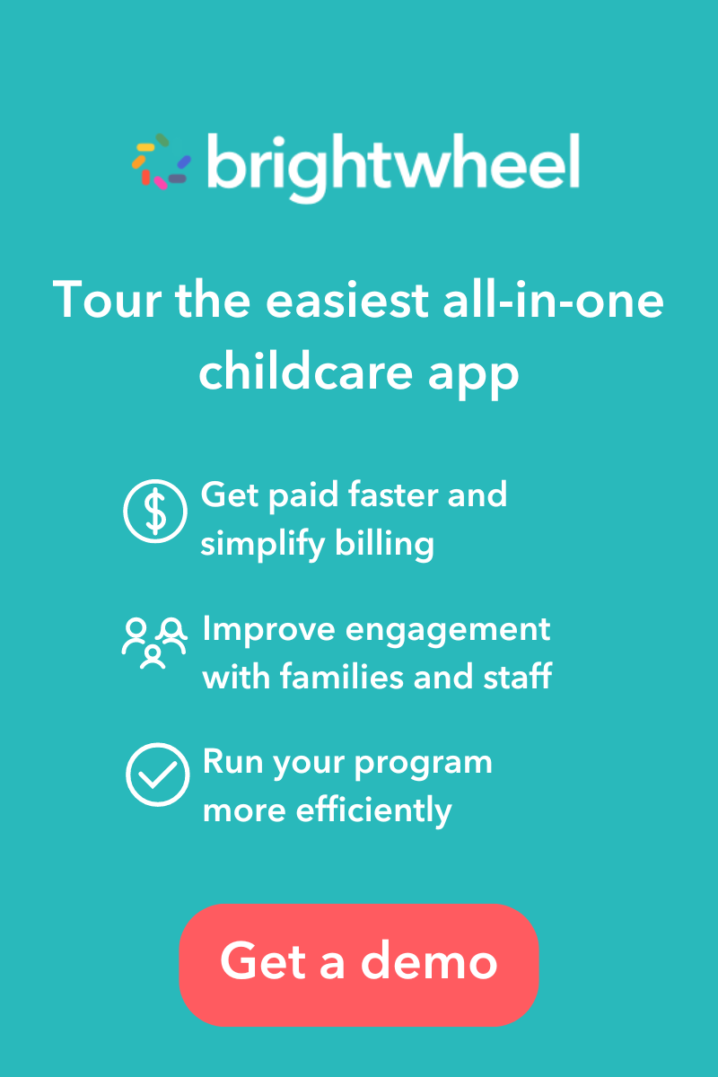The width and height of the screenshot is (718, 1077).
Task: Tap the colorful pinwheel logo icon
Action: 162,162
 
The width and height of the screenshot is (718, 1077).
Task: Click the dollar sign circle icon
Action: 155,511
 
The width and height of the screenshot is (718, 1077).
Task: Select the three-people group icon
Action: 153,643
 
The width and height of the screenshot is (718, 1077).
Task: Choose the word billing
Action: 393,544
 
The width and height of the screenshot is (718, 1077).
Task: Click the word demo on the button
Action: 429,961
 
